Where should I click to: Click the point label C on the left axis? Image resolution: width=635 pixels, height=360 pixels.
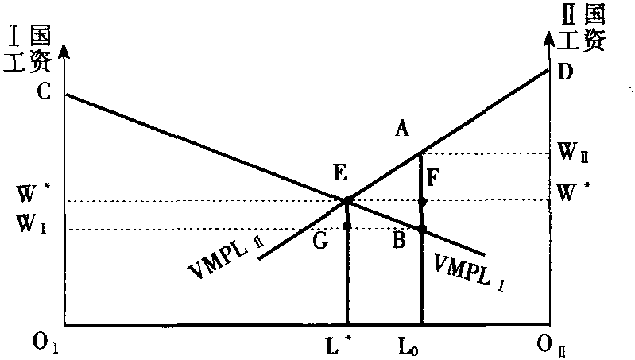tap(44, 91)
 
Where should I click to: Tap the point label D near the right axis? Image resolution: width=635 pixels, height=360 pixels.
tap(565, 72)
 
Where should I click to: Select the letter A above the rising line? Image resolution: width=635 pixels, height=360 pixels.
tap(401, 130)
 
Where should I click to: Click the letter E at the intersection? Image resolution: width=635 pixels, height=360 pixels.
tap(340, 173)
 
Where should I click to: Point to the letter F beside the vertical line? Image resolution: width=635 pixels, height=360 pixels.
tap(433, 178)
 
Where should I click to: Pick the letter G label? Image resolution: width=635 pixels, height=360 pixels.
tap(320, 242)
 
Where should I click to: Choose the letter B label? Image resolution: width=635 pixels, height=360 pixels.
tap(399, 241)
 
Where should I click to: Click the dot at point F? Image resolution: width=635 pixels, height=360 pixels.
tap(422, 201)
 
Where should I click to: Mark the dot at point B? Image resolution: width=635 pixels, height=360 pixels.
tap(422, 229)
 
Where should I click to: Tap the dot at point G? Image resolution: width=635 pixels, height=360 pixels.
tap(347, 226)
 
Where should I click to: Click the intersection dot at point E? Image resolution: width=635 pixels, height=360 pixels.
tap(347, 200)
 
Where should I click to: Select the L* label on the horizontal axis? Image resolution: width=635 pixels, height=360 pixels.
tap(338, 345)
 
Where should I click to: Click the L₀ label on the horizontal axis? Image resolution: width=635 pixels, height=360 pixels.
tap(409, 346)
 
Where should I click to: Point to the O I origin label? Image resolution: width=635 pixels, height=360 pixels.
tap(45, 344)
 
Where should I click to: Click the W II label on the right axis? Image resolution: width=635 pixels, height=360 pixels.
tap(573, 153)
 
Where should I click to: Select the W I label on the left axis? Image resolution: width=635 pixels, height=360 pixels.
tap(32, 224)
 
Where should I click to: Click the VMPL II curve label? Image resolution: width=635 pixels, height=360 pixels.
tap(227, 259)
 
